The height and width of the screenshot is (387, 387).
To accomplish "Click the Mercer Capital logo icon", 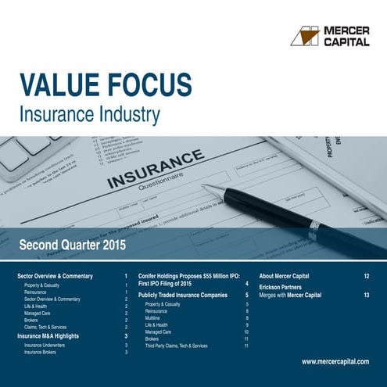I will (x=305, y=35).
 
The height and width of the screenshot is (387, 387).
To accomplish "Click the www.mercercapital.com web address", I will (x=335, y=362).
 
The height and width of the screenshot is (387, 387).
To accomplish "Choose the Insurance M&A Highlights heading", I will (x=54, y=335).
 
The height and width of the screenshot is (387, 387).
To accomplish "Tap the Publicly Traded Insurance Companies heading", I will (x=182, y=296).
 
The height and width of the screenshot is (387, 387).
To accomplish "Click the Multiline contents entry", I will (x=154, y=319).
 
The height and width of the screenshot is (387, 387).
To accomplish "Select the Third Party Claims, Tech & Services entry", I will (x=176, y=345).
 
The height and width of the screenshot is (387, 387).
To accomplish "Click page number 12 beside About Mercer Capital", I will (x=366, y=277).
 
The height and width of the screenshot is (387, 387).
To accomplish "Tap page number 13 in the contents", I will (x=366, y=296).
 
